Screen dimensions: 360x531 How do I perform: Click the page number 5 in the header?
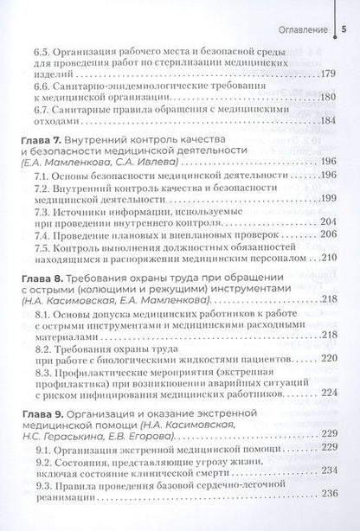(x=344, y=14)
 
